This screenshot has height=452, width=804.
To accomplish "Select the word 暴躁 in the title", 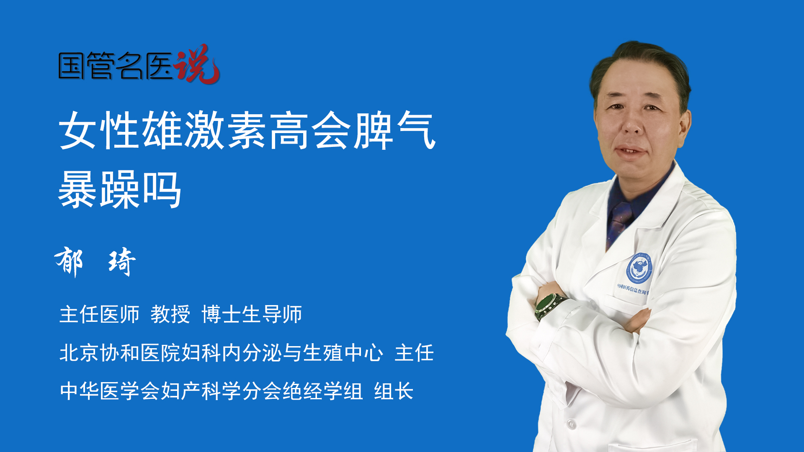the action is coord(99,190).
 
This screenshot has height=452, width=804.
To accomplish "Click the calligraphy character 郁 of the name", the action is coord(69,261).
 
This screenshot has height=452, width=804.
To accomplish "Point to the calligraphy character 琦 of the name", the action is coord(122,262).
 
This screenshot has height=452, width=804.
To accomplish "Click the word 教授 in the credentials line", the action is coord(170,314).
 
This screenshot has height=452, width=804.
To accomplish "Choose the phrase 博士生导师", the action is coord(252,314).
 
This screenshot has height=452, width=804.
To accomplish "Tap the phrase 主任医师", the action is coord(99,314).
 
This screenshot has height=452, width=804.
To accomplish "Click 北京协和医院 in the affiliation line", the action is coord(120,352).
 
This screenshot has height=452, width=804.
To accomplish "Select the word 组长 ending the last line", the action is coord(394,391).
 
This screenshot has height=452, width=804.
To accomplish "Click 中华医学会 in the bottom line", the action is coord(110,391).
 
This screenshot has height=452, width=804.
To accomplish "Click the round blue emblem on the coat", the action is coord(639,268).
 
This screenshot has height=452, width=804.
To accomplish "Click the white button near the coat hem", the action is coord(571,425).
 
